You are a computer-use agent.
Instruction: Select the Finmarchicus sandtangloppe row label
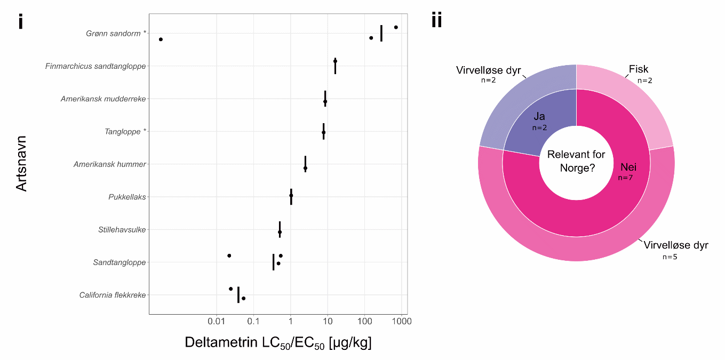tap(95, 66)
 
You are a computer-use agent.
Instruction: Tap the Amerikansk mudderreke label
tap(103, 99)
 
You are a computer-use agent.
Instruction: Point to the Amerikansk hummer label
tap(109, 164)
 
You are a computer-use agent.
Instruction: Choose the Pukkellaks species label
tap(127, 197)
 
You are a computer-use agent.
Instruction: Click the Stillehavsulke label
tap(122, 230)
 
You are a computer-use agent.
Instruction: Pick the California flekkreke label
tap(112, 295)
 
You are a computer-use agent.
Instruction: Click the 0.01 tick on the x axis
tap(217, 322)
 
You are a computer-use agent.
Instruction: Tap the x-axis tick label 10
tap(328, 322)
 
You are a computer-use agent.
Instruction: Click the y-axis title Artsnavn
tap(21, 163)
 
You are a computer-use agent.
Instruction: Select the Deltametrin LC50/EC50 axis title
tap(278, 343)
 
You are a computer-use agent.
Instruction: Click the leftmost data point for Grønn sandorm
tap(161, 39)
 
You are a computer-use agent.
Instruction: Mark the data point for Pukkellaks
tap(291, 195)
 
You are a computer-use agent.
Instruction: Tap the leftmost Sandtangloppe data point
tap(229, 255)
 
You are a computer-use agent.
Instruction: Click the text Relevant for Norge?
tap(576, 161)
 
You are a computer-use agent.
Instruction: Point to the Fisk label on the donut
tap(638, 69)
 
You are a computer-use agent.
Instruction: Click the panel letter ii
tap(436, 21)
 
